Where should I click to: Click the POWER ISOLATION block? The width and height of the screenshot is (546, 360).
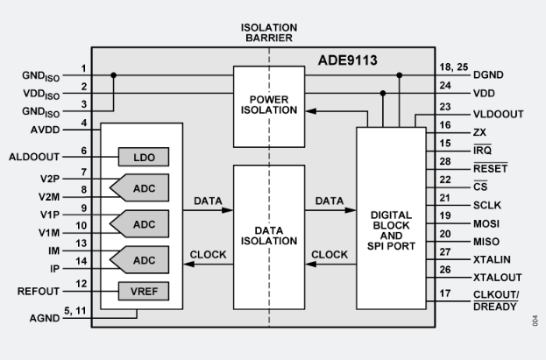(268, 104)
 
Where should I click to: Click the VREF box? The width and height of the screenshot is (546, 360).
(144, 290)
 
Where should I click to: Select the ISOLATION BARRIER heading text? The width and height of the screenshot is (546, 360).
(269, 33)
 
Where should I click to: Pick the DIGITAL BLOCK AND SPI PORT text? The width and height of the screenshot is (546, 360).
(391, 229)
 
